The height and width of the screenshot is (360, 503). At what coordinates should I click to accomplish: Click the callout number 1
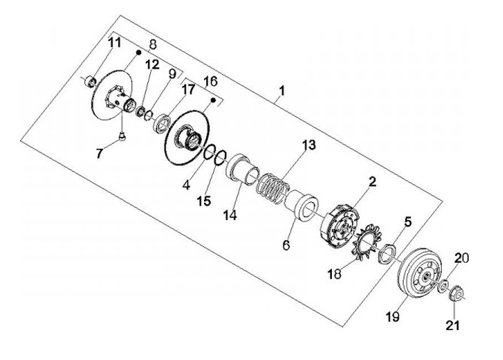click(x=282, y=90)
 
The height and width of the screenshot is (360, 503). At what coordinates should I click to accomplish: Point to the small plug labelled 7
click(x=122, y=136)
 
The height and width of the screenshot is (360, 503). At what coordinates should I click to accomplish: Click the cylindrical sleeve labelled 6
click(x=302, y=206)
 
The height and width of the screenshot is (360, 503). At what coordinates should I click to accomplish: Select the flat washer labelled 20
click(x=442, y=285)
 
